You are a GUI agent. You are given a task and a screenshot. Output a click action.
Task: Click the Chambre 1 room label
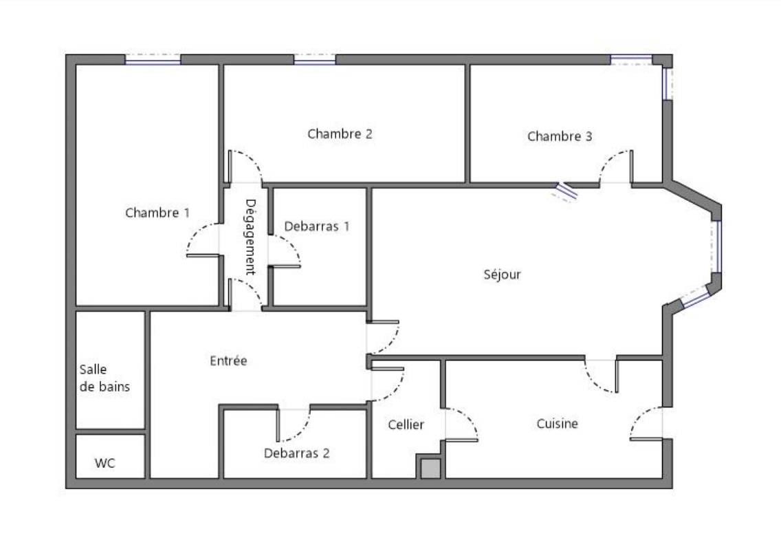(157, 213)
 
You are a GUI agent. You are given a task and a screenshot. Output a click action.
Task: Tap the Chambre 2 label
(340, 134)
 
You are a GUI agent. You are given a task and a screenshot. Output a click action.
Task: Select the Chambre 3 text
(560, 136)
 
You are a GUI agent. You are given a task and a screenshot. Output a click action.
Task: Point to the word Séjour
(502, 275)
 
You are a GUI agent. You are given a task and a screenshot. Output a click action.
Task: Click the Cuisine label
(558, 424)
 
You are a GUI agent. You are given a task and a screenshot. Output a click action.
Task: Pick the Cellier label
(406, 425)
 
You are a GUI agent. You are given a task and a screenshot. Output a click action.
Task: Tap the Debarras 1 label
(317, 226)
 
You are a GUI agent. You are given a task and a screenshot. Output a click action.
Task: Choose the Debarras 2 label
(297, 453)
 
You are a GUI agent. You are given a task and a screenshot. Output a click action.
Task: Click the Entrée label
(229, 361)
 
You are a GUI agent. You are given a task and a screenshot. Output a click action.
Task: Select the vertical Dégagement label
(250, 237)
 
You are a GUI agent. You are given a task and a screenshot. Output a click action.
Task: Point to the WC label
(104, 463)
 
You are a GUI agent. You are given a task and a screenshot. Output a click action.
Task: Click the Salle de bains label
(104, 378)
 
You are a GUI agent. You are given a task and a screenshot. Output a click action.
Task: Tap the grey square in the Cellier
(431, 469)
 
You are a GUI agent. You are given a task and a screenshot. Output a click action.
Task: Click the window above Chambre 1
(153, 59)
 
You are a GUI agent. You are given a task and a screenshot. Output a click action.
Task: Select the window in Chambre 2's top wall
(315, 59)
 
